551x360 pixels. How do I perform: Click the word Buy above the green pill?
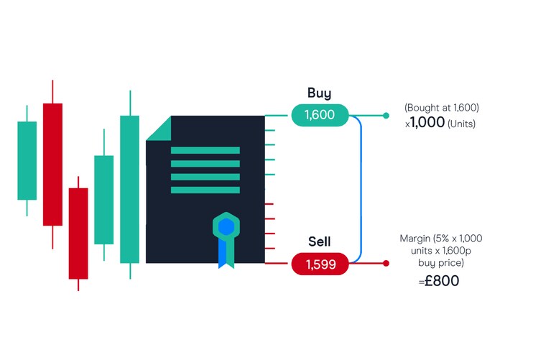point(319,93)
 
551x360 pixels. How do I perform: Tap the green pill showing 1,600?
point(320,115)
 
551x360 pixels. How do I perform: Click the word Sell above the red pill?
point(319,241)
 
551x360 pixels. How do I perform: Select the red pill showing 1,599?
point(320,264)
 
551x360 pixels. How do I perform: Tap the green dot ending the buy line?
point(386,115)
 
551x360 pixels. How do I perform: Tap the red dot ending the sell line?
point(386,264)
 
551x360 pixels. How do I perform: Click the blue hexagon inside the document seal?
point(226,227)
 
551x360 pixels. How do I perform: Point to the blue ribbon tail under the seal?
point(226,254)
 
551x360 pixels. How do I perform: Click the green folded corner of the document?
point(160,129)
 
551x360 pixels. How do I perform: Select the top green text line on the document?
point(205,151)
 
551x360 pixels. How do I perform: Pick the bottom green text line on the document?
point(205,190)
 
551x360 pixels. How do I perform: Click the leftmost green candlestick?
point(27,160)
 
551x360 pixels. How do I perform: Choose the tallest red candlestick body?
point(52,164)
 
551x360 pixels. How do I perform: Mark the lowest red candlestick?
point(78,234)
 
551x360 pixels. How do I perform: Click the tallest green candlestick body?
point(129,189)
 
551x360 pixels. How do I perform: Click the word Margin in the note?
point(416,238)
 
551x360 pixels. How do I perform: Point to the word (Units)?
point(461,124)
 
